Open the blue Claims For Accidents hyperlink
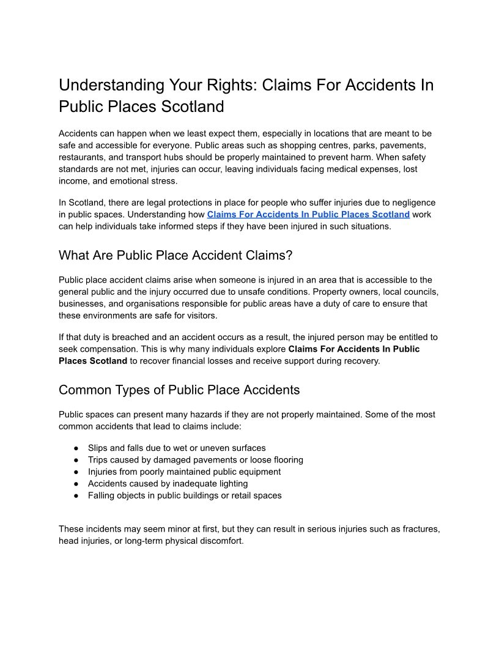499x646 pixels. tap(308, 214)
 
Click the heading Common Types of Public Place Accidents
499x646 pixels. tap(179, 390)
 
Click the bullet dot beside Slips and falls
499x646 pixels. tap(76, 448)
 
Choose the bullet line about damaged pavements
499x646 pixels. tap(195, 459)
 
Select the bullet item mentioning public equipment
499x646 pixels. tap(184, 472)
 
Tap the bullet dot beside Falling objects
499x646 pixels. tap(76, 496)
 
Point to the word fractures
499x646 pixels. tap(421, 529)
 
